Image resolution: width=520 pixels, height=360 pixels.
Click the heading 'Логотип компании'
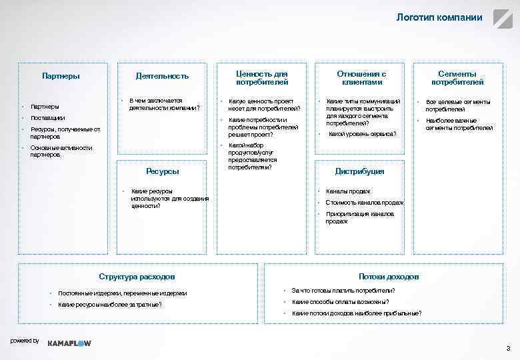[439, 17]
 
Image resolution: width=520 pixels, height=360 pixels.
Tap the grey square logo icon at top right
[501, 18]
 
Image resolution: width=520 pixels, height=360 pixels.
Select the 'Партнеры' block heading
[61, 76]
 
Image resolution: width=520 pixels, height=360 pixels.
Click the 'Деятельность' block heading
[162, 76]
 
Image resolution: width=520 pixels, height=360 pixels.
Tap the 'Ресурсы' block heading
[163, 171]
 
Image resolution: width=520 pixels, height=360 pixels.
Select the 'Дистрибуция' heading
[359, 171]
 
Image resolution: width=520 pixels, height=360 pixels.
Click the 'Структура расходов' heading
[137, 276]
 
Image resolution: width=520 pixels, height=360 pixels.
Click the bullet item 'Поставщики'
[48, 117]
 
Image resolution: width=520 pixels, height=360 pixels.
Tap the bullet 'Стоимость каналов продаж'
[365, 203]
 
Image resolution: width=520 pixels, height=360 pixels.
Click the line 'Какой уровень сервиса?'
[363, 134]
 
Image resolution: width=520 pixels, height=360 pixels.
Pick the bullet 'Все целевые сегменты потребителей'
[458, 105]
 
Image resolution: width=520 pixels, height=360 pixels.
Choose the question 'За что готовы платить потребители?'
[343, 291]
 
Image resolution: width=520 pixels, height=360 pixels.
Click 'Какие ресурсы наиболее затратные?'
[109, 305]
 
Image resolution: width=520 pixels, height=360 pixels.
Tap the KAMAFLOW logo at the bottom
[69, 342]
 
